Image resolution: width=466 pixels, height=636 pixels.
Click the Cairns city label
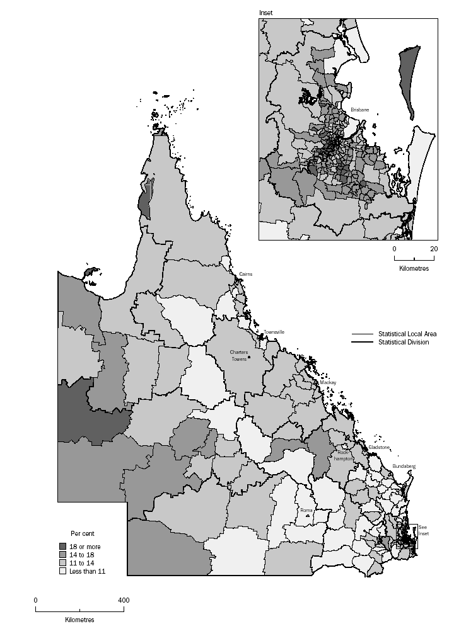pos(246,275)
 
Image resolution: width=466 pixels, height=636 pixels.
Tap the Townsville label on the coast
pos(275,332)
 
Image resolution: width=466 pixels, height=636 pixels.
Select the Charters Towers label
pos(239,355)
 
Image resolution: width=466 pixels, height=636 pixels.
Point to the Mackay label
pos(328,382)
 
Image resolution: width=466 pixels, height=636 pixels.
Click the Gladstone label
pos(380,447)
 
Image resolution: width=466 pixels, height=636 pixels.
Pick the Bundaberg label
pos(404,466)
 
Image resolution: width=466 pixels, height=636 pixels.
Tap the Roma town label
pos(306,510)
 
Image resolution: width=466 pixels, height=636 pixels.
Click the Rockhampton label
pos(343,455)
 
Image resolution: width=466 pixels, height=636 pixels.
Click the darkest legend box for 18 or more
pos(62,547)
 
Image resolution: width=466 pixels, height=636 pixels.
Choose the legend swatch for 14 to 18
pos(62,555)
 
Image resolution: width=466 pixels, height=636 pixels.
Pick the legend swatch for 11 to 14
pos(62,563)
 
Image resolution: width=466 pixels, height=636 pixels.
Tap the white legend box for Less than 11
pos(62,571)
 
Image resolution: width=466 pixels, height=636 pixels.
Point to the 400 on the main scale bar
pos(124,600)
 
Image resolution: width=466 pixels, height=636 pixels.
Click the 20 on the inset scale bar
pos(433,249)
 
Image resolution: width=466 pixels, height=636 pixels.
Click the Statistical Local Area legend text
pos(407,334)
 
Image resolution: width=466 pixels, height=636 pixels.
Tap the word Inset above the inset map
pos(267,13)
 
